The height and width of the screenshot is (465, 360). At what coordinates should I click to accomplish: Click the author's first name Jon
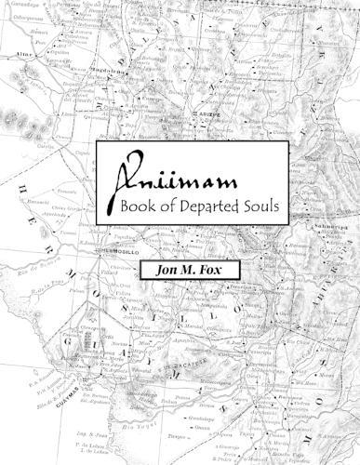coord(154,272)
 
